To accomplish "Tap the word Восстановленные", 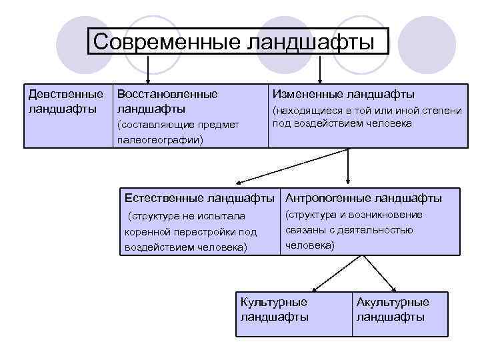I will pyautogui.click(x=167, y=94).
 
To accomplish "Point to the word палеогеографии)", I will pyautogui.click(x=160, y=140).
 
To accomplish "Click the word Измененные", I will pyautogui.click(x=309, y=94).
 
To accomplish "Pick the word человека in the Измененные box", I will pyautogui.click(x=391, y=123).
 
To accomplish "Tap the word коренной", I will pyautogui.click(x=145, y=232).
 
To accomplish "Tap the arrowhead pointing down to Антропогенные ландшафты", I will pyautogui.click(x=348, y=179).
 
